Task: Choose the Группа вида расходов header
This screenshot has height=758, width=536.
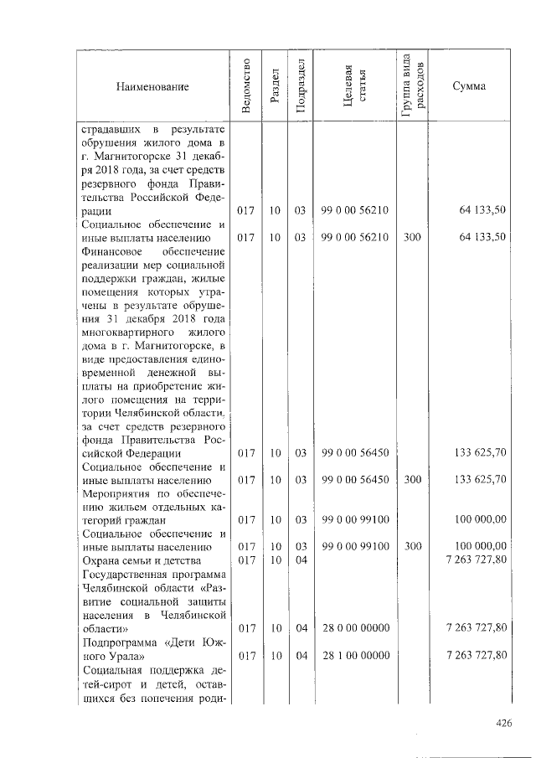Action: click(x=413, y=87)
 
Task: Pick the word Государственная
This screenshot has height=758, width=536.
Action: click(x=126, y=574)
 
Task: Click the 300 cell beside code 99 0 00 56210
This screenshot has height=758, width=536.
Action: click(x=412, y=238)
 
